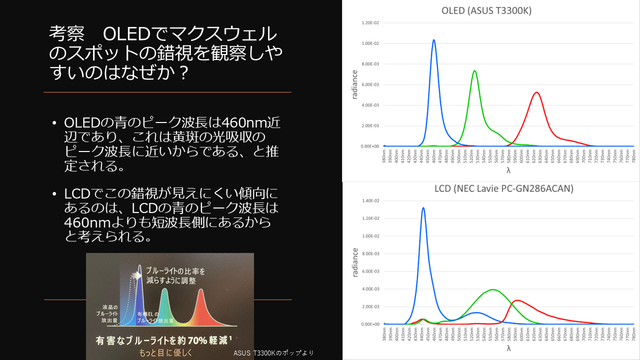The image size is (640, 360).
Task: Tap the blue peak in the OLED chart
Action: [433, 40]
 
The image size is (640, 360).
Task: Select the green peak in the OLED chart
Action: [474, 71]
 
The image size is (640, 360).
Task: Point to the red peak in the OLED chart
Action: [536, 92]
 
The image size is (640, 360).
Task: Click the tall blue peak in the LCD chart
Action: [423, 208]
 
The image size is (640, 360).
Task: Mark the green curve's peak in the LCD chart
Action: [493, 289]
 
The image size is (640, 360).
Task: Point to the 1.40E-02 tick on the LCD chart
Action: [370, 201]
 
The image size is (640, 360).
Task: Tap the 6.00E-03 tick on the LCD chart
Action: [370, 271]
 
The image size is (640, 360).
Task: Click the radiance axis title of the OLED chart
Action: [354, 84]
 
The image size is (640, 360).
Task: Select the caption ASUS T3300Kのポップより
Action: [273, 353]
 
